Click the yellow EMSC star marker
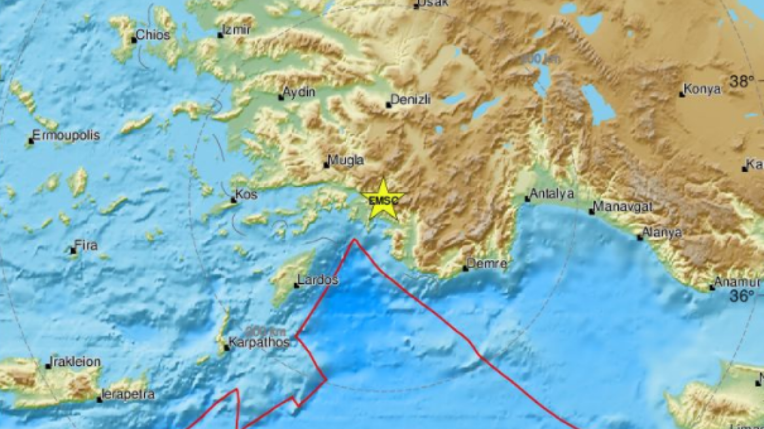tap(383, 200)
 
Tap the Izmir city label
tap(237, 30)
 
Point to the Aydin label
tap(300, 92)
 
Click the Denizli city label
tap(409, 100)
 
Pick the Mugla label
tap(347, 160)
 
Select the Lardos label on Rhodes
tap(318, 281)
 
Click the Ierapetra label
tap(128, 394)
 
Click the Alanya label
tap(663, 232)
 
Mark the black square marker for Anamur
tap(712, 287)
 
